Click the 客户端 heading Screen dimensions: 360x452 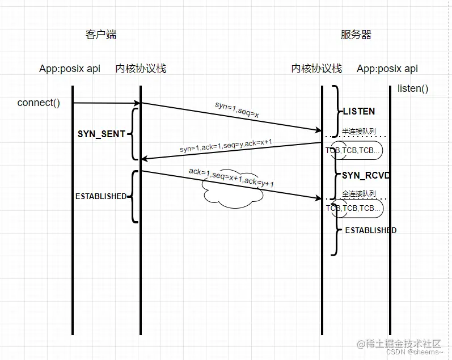[x=101, y=35]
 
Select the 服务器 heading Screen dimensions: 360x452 [x=356, y=35]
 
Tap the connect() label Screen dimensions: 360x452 [x=39, y=103]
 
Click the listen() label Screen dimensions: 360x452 [x=412, y=88]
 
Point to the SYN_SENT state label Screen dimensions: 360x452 [x=101, y=135]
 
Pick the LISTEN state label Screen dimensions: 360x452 [x=358, y=111]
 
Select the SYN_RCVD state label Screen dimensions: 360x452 [x=366, y=176]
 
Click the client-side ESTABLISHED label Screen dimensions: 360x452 [x=101, y=196]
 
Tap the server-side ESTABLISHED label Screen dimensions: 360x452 [x=371, y=230]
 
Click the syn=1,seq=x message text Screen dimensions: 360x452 [x=237, y=110]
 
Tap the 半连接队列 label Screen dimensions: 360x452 [x=358, y=131]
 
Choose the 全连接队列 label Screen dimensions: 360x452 [x=358, y=194]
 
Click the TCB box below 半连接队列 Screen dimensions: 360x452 [x=354, y=151]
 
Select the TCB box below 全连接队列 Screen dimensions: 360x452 [x=354, y=208]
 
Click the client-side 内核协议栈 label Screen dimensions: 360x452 [x=140, y=69]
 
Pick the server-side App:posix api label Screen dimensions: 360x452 [x=387, y=69]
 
